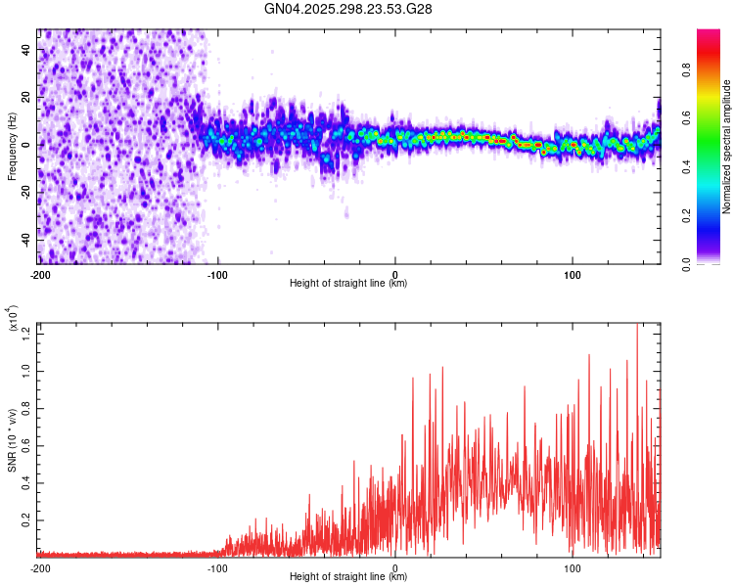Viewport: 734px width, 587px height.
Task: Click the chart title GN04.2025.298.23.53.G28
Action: (x=348, y=9)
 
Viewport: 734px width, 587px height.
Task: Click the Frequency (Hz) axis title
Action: (x=12, y=147)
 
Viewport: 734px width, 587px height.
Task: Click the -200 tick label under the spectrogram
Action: (x=40, y=274)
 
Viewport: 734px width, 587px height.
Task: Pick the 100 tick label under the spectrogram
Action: (x=573, y=274)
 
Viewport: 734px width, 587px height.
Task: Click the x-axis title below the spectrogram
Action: (x=348, y=284)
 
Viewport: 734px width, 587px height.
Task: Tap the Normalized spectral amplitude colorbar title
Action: (x=727, y=147)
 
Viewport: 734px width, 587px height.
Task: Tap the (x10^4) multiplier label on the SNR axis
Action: (x=14, y=319)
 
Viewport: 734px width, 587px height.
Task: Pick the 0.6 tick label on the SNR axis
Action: (x=26, y=445)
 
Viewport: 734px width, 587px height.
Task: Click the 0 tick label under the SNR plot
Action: (x=395, y=567)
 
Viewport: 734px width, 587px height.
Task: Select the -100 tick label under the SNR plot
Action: (x=217, y=567)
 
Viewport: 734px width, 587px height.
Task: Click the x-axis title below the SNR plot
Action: (x=348, y=577)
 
